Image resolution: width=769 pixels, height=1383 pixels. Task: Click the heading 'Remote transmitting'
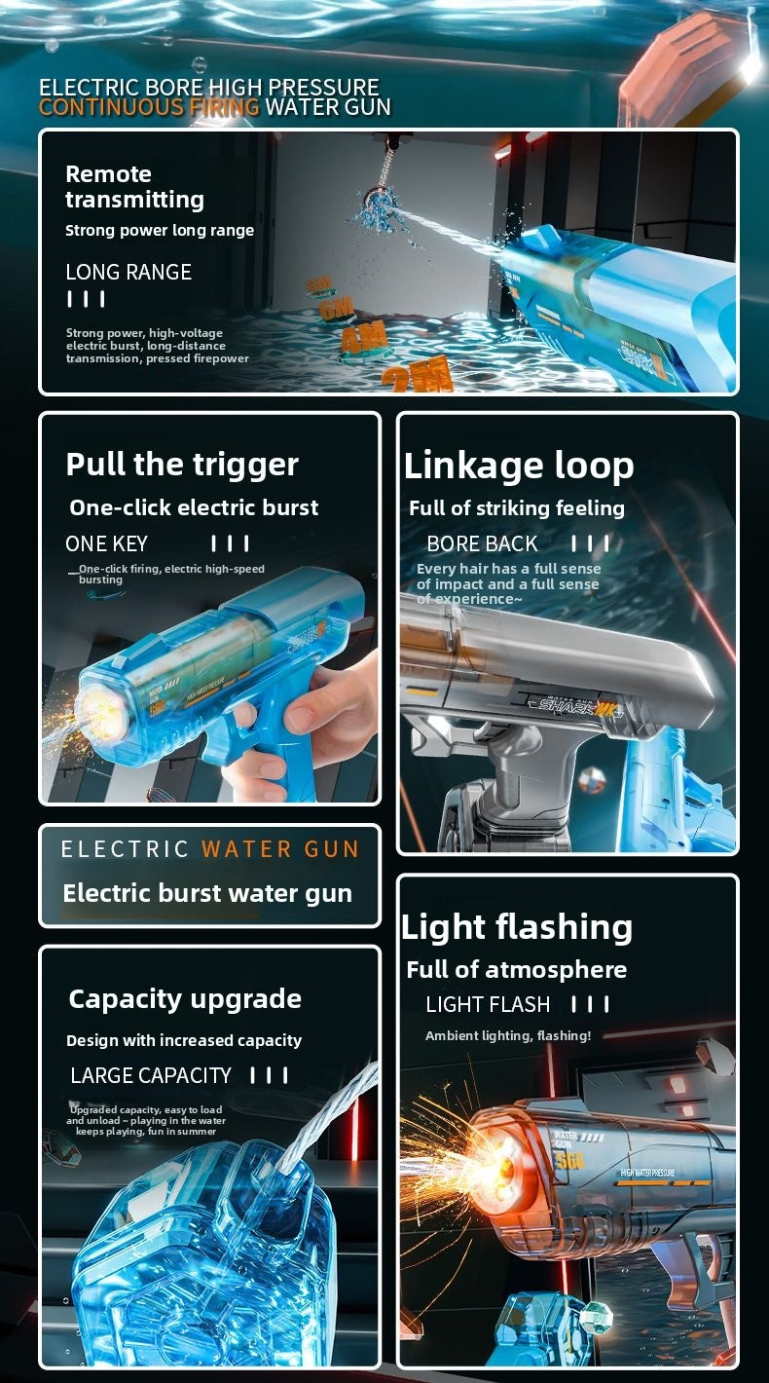tap(134, 187)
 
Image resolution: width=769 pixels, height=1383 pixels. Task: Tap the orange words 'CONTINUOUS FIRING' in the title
tap(149, 107)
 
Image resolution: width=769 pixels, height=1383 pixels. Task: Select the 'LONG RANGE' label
tap(128, 272)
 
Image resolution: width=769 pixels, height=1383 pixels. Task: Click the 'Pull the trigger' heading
tap(182, 464)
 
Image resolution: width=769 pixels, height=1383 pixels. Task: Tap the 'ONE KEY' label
tap(106, 543)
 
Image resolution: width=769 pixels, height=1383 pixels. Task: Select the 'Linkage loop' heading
tap(519, 466)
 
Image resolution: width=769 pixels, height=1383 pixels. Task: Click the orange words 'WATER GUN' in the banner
tap(280, 848)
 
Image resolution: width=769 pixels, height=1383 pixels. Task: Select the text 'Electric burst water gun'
tap(207, 893)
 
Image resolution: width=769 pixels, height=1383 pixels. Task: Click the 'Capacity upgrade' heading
tap(185, 998)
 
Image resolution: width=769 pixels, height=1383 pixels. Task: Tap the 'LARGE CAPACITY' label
tap(151, 1075)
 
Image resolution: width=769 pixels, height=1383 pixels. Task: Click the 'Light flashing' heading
tap(517, 927)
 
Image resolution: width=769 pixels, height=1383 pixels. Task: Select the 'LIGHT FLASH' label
tap(488, 1004)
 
